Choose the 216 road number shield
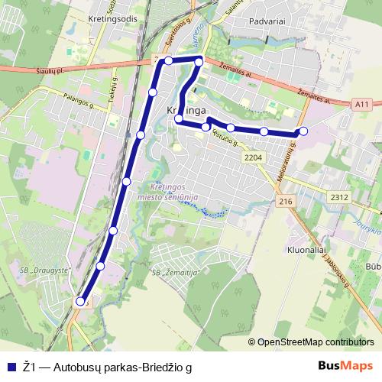(286, 201)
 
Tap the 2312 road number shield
(340, 198)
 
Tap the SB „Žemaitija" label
(176, 273)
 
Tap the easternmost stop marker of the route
(303, 131)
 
